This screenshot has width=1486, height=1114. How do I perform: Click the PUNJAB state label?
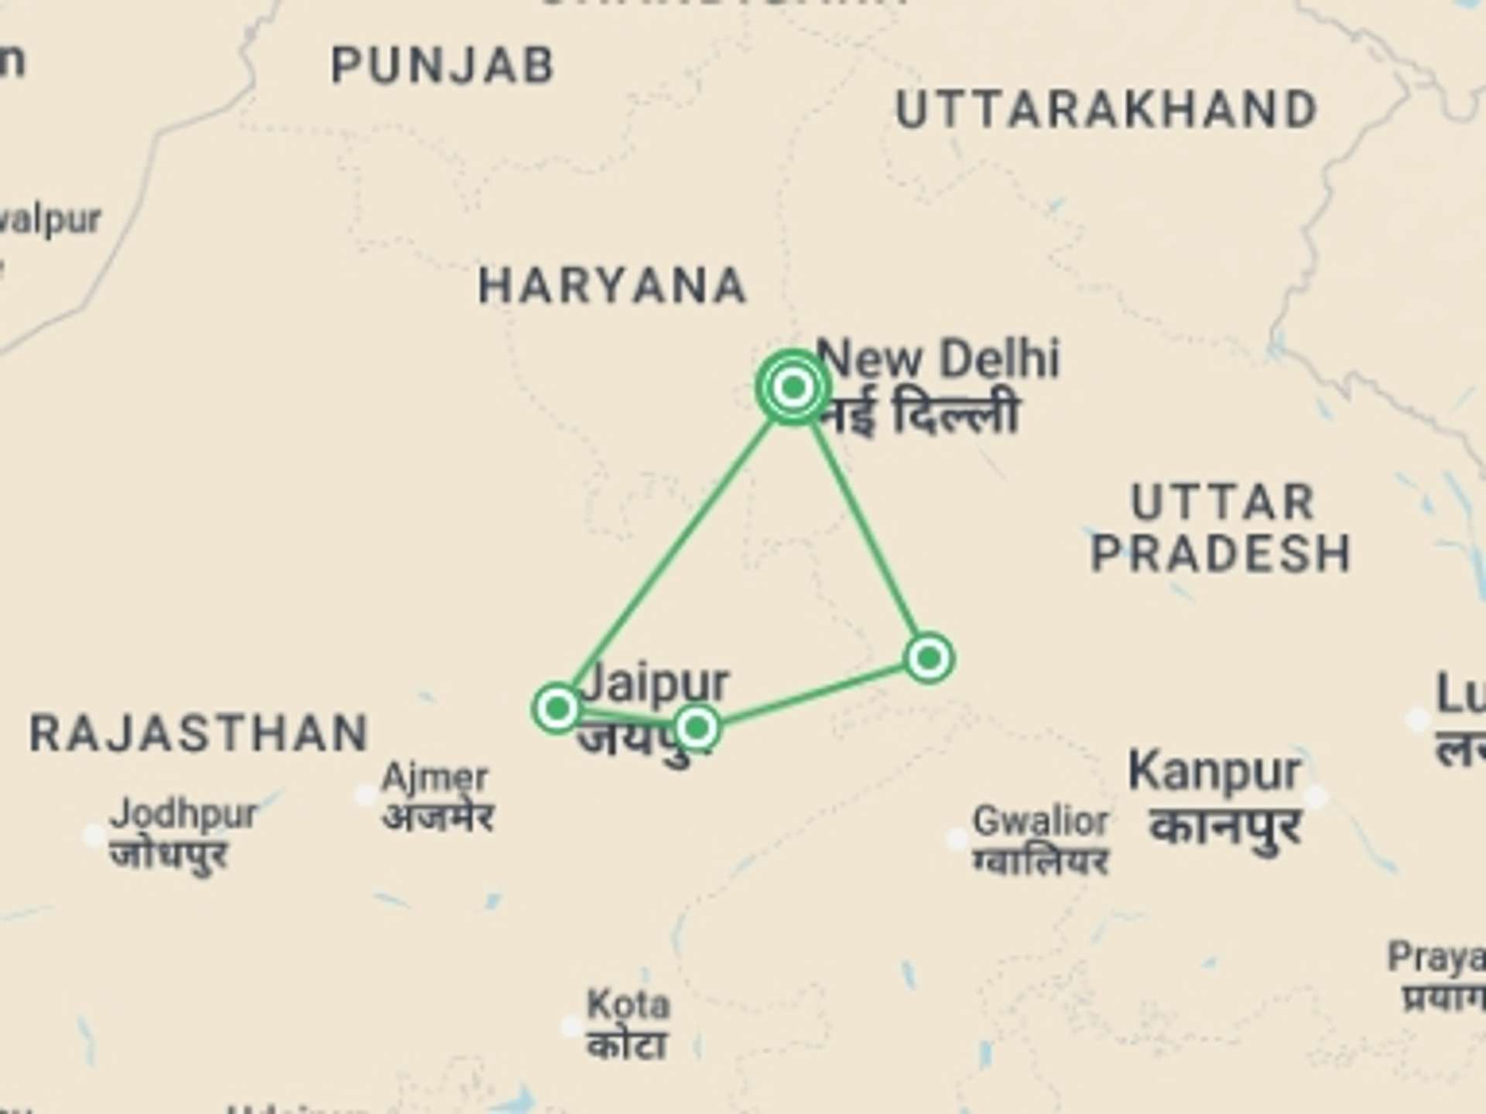442,65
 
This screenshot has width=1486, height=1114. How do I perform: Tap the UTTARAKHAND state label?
1106,110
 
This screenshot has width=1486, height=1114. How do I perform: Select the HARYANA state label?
612,285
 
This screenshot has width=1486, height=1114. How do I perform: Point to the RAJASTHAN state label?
198,733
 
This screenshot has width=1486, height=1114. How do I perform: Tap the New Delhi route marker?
793,387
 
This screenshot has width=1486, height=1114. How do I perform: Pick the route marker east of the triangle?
929,658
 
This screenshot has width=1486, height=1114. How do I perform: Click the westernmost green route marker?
557,707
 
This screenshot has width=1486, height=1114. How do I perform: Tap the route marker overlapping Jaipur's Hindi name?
697,727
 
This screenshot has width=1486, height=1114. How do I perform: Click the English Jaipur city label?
656,682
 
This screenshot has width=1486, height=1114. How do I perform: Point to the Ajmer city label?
434,777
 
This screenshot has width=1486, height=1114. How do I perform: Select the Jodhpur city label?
183,814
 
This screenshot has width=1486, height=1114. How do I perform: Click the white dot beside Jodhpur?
94,835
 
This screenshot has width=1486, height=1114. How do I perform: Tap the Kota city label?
628,1005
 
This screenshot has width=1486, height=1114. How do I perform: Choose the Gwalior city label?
1040,821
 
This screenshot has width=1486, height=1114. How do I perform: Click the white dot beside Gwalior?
957,839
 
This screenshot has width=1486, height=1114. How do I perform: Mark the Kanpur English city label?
1214,771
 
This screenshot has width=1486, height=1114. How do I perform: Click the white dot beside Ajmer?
365,794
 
